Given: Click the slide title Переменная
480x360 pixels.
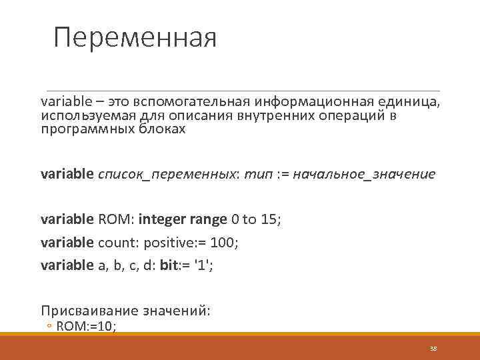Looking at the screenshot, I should point(135,37).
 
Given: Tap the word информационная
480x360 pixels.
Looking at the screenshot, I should point(313,102).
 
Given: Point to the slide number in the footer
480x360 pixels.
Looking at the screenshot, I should point(433,349).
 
